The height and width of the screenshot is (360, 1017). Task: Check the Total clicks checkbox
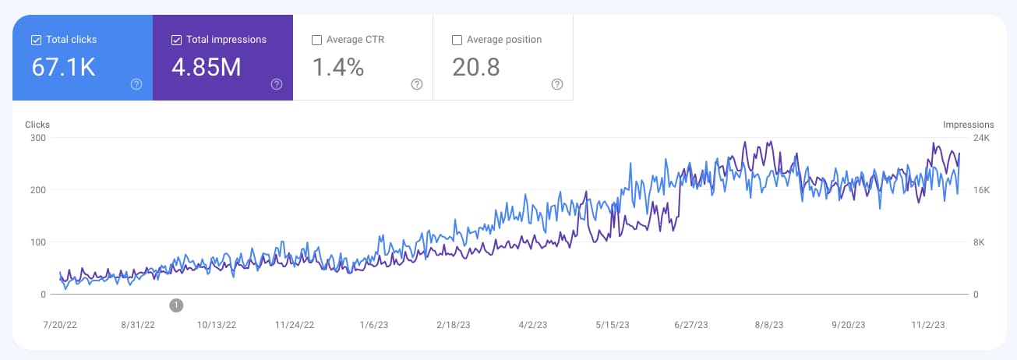coord(36,40)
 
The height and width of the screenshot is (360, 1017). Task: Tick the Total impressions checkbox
coord(176,40)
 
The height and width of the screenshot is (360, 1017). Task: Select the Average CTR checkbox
coord(316,40)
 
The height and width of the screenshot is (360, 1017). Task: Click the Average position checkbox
coord(457,40)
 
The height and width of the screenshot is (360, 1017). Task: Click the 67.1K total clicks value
coord(63,68)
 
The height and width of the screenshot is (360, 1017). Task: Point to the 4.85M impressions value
coord(206,68)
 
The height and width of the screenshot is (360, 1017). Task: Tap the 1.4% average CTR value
coord(337,68)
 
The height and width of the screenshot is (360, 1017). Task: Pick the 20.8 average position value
coord(475,68)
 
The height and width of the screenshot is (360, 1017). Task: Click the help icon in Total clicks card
coord(136,84)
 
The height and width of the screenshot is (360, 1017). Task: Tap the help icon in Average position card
coord(557,84)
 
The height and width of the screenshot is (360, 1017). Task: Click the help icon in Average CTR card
coord(417,84)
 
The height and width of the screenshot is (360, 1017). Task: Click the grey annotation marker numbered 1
coord(176,305)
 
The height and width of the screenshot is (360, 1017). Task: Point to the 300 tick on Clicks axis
coord(37,138)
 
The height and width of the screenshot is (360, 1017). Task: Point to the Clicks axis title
coord(37,124)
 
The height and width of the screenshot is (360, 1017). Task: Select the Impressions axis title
coord(968,124)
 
